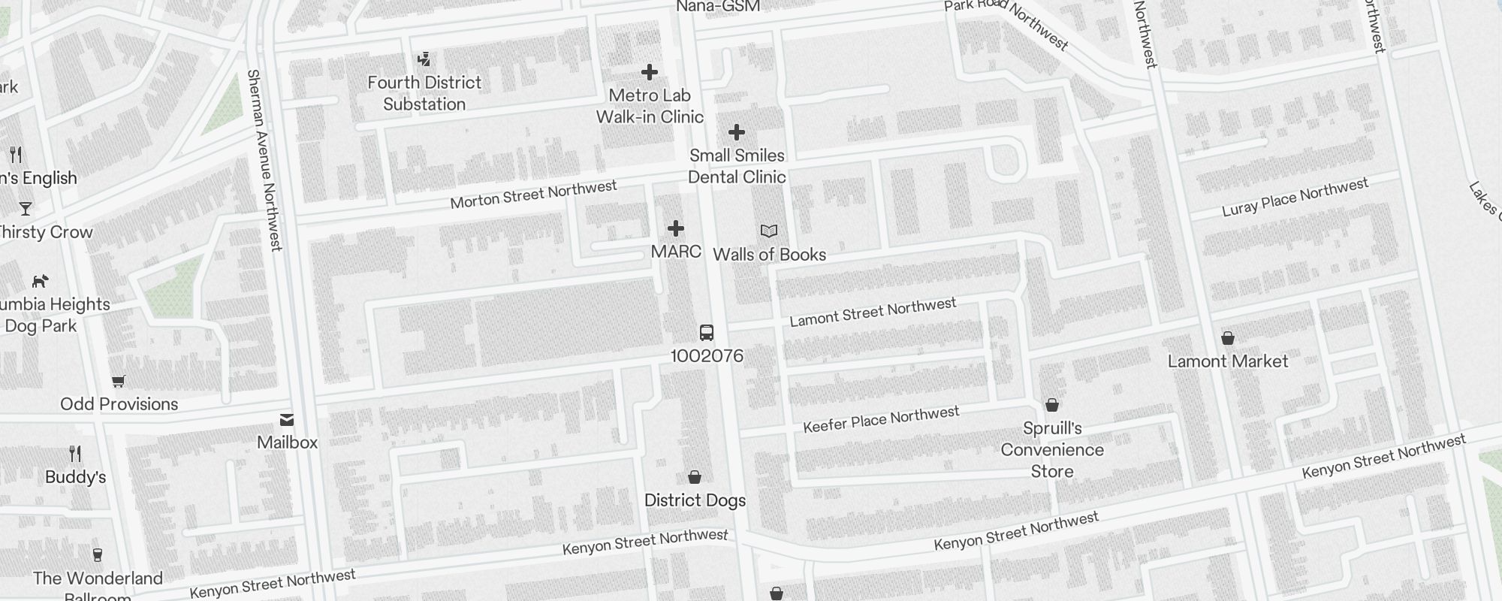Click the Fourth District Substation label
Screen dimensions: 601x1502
coord(424,93)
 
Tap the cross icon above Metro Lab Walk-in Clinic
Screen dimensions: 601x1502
coord(650,72)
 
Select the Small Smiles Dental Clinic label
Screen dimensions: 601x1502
coord(737,166)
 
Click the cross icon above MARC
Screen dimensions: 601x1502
coord(676,228)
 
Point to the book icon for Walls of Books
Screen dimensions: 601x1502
coord(769,231)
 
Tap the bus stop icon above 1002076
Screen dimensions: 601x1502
coord(707,333)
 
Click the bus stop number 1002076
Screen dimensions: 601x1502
coord(707,356)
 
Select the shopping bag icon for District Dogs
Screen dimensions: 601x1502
coord(695,477)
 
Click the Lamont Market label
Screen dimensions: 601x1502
coord(1228,361)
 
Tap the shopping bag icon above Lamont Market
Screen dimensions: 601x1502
coord(1228,338)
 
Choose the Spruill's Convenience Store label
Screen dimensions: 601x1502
coord(1052,450)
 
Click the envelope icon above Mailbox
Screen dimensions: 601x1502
coord(287,420)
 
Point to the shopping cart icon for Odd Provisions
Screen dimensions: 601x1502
coord(118,382)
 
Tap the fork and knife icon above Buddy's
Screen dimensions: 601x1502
coord(75,454)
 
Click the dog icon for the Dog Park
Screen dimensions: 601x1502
coord(41,281)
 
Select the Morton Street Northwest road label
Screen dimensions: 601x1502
coord(533,195)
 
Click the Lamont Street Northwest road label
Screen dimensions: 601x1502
coord(873,312)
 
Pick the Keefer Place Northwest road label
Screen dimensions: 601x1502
coord(881,420)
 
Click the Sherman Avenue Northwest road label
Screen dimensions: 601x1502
coord(264,160)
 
